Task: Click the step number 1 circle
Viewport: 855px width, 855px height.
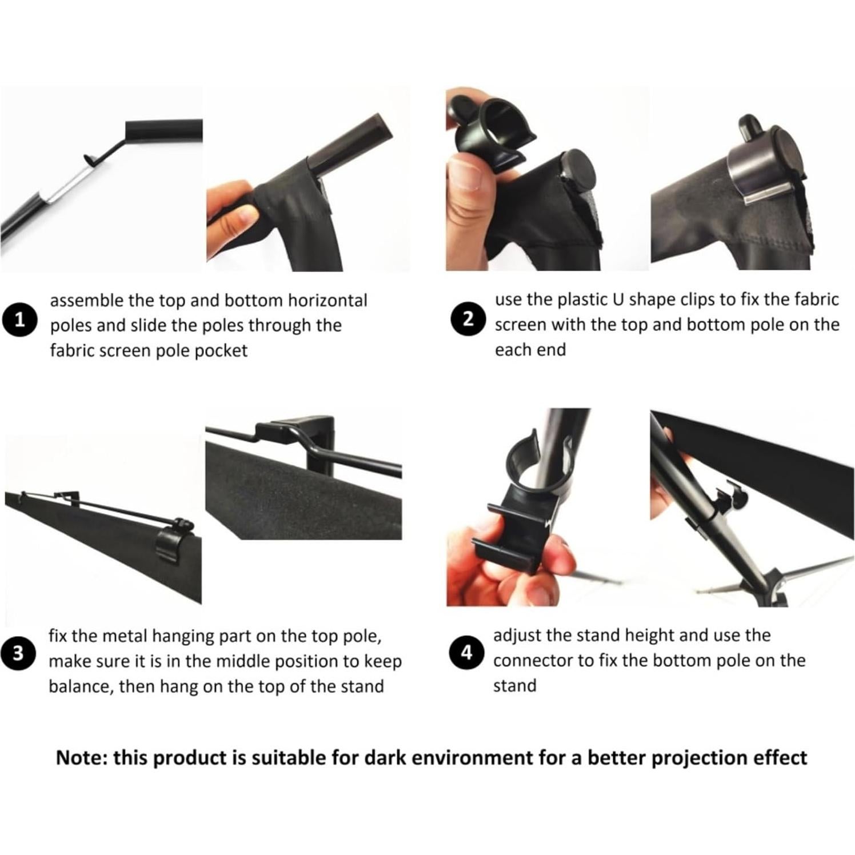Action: (20, 319)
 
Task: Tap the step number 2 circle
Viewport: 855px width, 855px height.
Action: (469, 318)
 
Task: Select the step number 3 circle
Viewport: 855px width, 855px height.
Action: (18, 653)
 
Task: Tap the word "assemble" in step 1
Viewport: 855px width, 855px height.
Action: (86, 301)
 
